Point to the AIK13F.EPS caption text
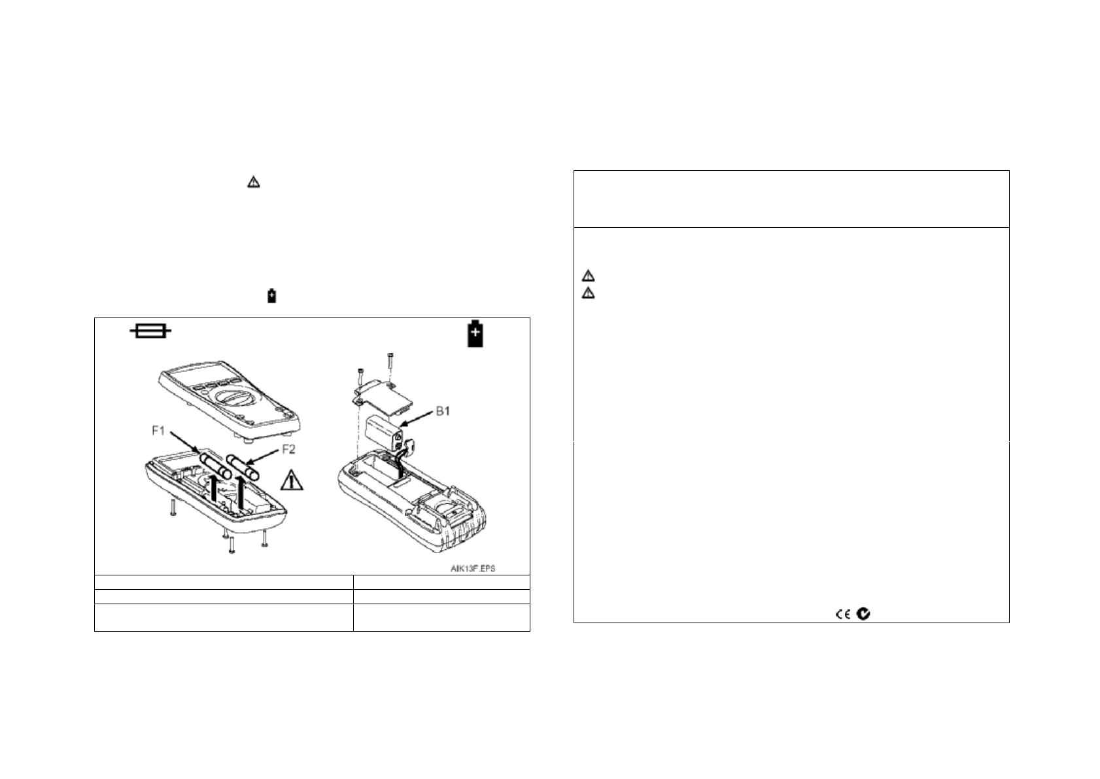pyautogui.click(x=472, y=568)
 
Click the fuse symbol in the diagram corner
pyautogui.click(x=151, y=332)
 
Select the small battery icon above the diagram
pyautogui.click(x=272, y=296)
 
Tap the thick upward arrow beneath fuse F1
pyautogui.click(x=215, y=496)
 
